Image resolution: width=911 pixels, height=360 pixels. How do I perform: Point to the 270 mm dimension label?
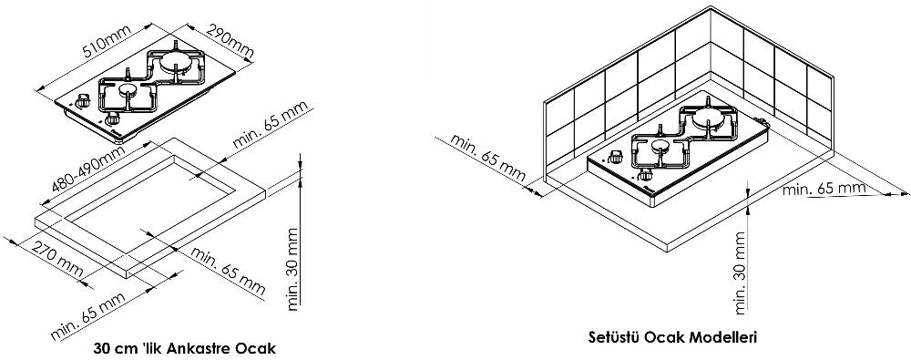56,259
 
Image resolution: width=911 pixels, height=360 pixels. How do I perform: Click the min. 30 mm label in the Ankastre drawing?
293,268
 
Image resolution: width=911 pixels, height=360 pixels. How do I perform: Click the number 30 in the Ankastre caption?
101,349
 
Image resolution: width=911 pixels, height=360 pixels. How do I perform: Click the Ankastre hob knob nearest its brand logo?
112,119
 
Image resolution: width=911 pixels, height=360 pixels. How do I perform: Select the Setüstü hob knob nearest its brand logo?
643,175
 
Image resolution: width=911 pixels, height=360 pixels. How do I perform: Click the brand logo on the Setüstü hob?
650,190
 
